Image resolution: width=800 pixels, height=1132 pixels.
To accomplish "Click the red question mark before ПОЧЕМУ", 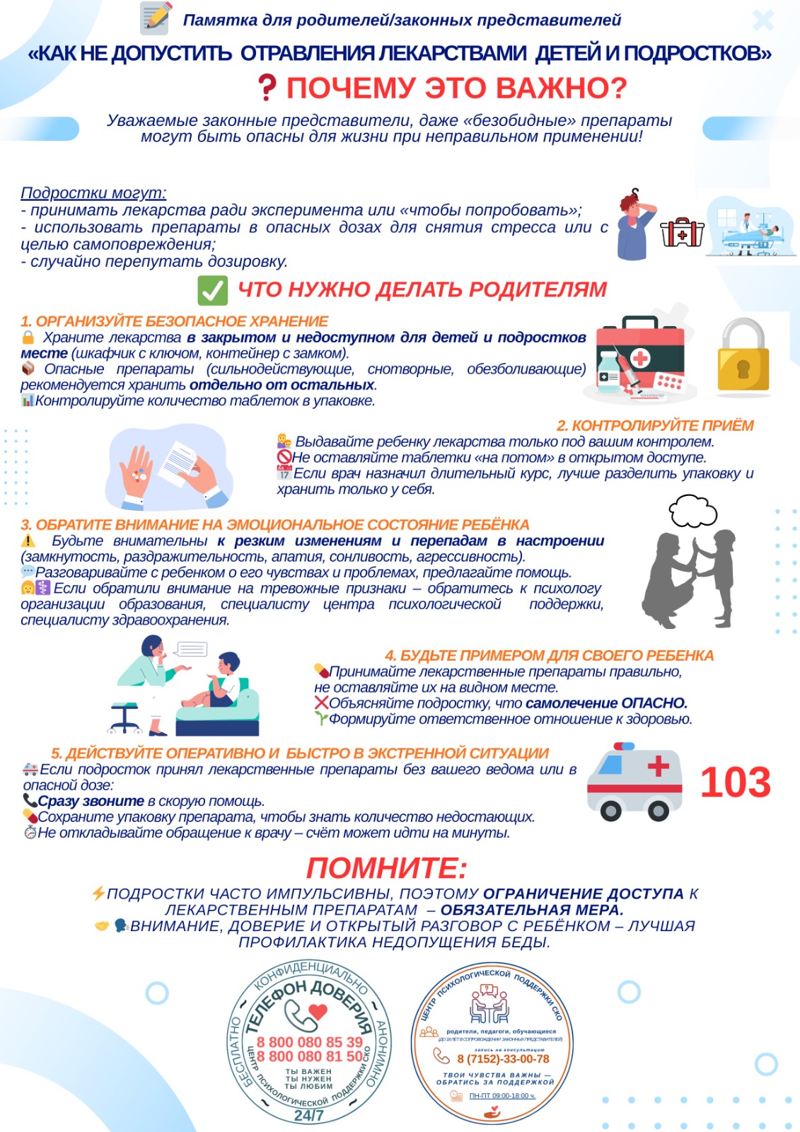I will (266, 87).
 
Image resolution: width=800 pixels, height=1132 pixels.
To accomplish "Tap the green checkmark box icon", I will (212, 290).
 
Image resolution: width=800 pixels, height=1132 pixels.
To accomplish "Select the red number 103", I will (735, 782).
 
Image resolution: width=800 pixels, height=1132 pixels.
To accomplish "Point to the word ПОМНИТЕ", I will (386, 868).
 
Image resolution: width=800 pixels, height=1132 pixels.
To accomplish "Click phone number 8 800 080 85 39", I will (309, 1042).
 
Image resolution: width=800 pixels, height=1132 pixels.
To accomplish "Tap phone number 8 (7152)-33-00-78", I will (503, 1058).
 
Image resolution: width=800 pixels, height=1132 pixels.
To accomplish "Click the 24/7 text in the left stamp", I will (308, 1115).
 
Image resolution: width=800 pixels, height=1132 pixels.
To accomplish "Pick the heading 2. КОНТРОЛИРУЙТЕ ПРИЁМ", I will (655, 425).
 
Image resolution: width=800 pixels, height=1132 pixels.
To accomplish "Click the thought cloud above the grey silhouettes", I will (692, 511).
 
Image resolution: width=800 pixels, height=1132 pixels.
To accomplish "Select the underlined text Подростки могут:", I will (93, 192).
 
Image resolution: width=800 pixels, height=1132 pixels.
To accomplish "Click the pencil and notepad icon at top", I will (156, 19).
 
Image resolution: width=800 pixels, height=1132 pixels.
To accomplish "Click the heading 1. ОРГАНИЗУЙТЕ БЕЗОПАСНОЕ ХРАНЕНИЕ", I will (175, 321).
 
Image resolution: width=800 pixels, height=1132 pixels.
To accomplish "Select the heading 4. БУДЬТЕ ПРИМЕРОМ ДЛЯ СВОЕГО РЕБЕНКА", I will (549, 655).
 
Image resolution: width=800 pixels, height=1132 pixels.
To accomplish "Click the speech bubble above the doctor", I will (190, 649).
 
